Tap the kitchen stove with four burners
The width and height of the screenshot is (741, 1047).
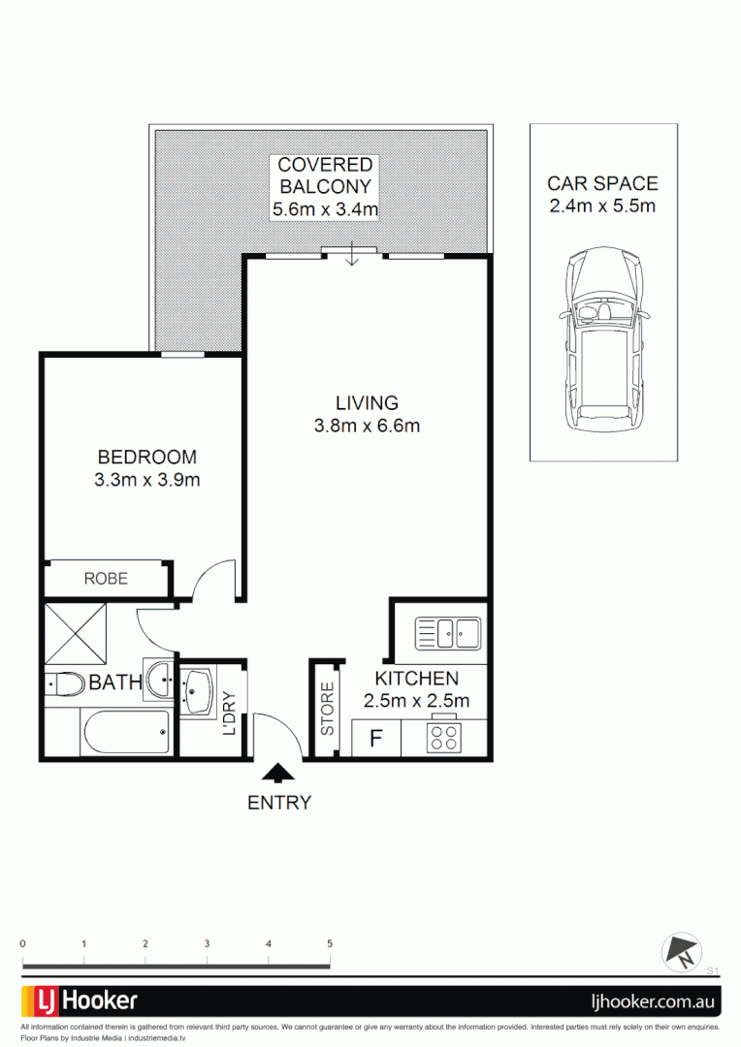click(x=444, y=738)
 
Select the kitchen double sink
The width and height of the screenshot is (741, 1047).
click(x=448, y=634)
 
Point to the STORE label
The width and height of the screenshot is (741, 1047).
click(x=328, y=709)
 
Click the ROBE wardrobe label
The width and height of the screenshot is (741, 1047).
click(x=106, y=579)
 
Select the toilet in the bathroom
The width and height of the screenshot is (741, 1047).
click(x=65, y=684)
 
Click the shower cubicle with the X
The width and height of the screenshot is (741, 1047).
click(x=74, y=632)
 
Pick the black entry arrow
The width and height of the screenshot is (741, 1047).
click(x=279, y=772)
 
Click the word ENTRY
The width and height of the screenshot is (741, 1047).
click(x=279, y=803)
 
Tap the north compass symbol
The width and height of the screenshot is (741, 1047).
click(x=681, y=951)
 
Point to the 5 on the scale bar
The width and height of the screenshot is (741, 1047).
click(x=330, y=943)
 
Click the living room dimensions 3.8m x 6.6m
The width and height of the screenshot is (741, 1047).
click(x=367, y=426)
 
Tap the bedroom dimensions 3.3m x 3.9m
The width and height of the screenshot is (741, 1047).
click(x=147, y=479)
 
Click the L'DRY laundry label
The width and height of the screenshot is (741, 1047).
click(x=230, y=714)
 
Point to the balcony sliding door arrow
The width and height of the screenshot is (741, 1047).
click(x=353, y=256)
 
